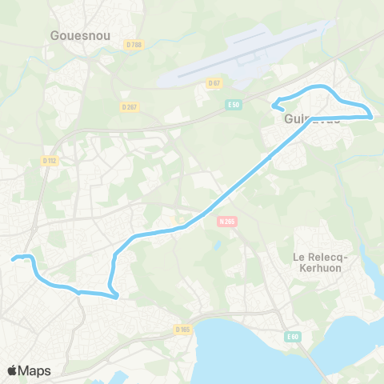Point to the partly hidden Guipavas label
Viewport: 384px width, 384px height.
tap(312, 118)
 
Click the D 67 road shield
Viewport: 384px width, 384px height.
tap(214, 82)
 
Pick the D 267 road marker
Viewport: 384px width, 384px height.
tap(130, 106)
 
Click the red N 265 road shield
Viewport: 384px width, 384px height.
tap(227, 222)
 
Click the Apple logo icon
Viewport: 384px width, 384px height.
tap(13, 370)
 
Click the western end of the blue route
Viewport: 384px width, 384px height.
tap(12, 259)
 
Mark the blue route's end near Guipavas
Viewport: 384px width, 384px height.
tap(276, 102)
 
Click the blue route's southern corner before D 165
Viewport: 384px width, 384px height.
tap(117, 297)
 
